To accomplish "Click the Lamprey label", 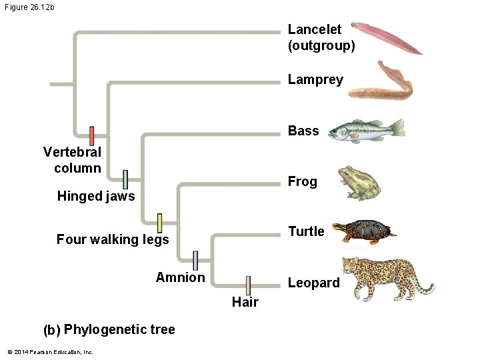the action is pos(315,80).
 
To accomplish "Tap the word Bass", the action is pos(303,131).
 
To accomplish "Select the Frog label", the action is pos(302,181).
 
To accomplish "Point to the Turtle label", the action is pos(306,231).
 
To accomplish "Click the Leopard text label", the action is pos(313,283).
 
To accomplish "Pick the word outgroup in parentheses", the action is pos(321,45).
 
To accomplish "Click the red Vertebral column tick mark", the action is pos(92,136).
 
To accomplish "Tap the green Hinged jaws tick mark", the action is pos(125,179).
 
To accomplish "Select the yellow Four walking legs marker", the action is pos(159,223).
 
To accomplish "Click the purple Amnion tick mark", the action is pos(195,261).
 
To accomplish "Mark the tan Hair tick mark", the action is pos(247,285).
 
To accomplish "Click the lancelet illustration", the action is pos(387,37).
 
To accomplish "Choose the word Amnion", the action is pos(180,277).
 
